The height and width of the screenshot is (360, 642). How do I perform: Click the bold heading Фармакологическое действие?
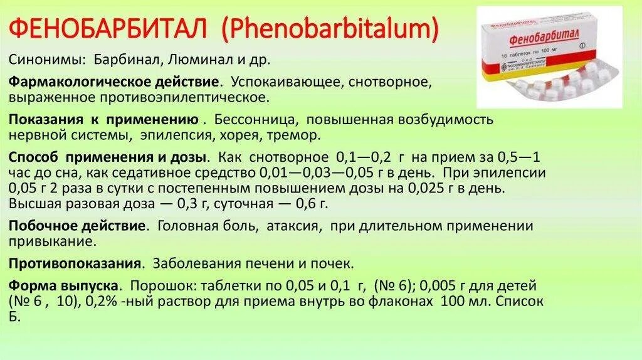[113, 83]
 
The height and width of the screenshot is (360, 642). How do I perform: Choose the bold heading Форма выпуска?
[64, 285]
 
